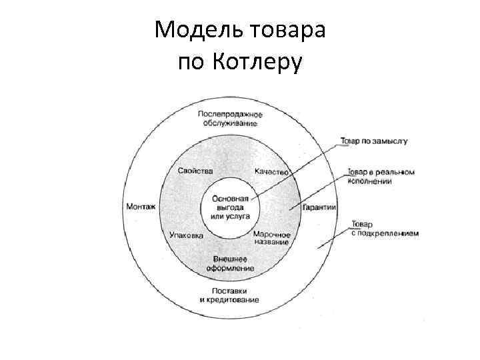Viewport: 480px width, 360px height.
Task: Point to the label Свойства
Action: (x=195, y=171)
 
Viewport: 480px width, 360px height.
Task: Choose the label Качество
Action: (x=271, y=172)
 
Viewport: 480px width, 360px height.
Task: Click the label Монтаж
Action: (x=140, y=207)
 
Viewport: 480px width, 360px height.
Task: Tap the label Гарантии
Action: (x=319, y=208)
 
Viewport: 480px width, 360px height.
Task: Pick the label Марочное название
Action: (x=271, y=238)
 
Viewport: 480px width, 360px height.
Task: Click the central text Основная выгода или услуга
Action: (x=231, y=207)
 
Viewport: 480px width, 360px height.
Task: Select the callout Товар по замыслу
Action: (x=373, y=141)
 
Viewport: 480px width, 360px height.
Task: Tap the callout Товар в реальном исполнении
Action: (x=380, y=176)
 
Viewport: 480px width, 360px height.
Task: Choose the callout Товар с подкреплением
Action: (x=383, y=229)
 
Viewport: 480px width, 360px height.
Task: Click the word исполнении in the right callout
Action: (x=371, y=181)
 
